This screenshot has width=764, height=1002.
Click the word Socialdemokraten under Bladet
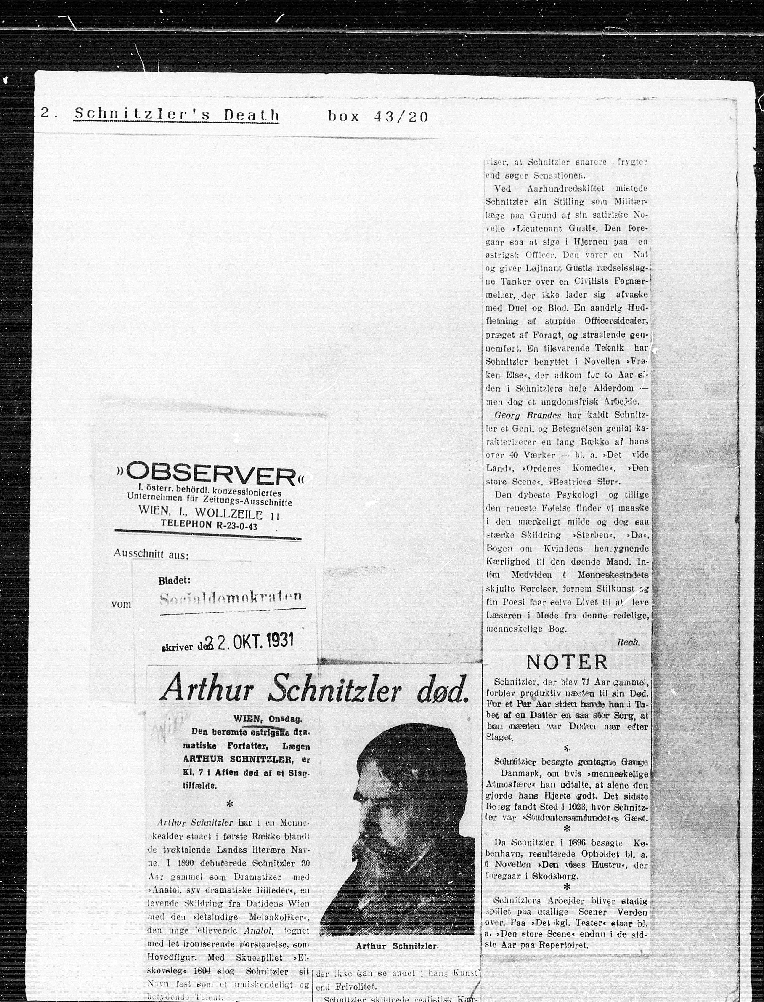(231, 598)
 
